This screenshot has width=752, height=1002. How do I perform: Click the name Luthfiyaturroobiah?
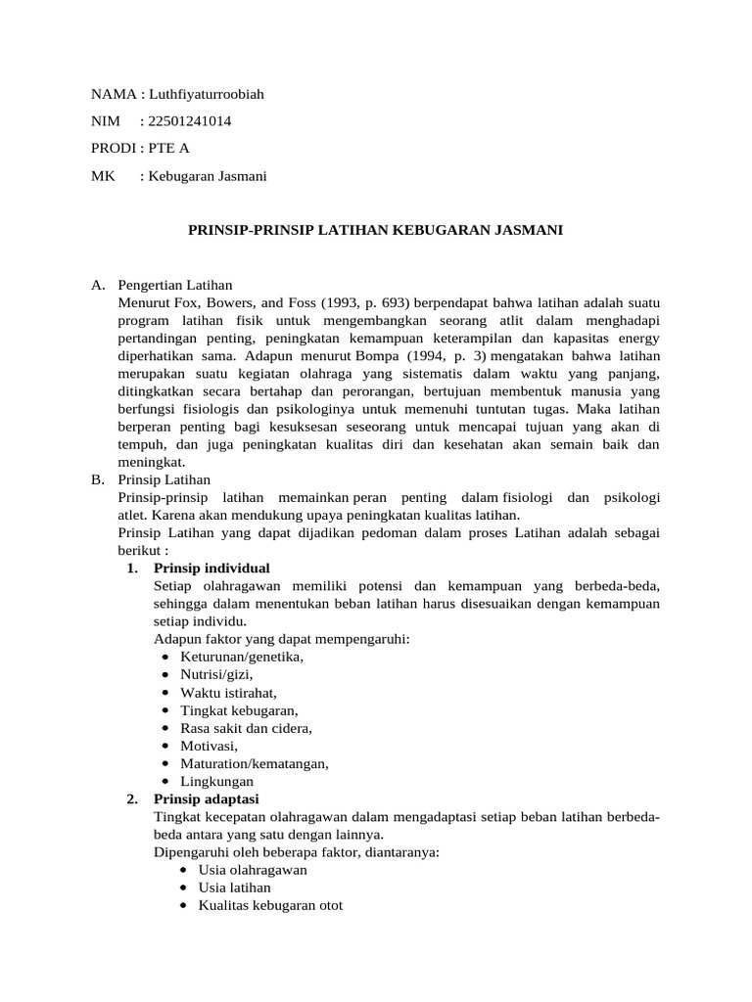coord(206,94)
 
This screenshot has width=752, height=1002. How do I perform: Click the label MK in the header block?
coord(102,176)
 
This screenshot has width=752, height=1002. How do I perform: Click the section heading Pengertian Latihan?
coord(174,286)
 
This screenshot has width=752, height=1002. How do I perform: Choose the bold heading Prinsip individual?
coord(212,569)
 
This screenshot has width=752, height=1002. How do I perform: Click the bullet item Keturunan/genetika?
coord(242,657)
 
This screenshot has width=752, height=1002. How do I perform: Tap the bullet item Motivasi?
coord(209,746)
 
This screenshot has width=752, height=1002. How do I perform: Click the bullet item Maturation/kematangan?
coord(255,763)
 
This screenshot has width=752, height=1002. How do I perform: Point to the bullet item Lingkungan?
coord(216,781)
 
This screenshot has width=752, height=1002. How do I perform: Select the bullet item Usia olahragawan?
coord(253,870)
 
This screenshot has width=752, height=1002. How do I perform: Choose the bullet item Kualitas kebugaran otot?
coord(270,905)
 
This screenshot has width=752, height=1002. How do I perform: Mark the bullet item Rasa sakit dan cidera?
coord(246,728)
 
